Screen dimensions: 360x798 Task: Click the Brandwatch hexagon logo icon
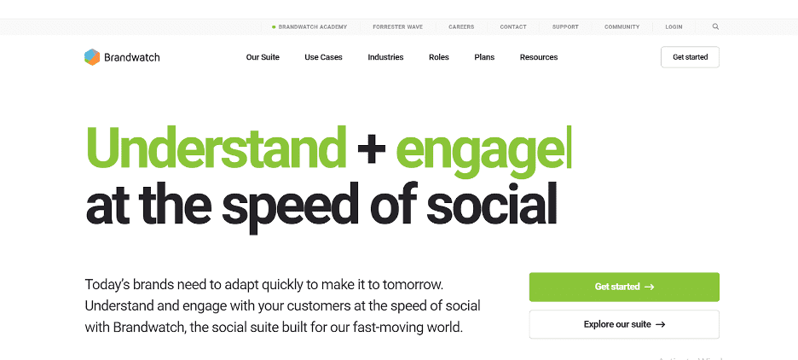click(92, 57)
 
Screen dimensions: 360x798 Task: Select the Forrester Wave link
click(397, 27)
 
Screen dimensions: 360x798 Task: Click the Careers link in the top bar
click(461, 27)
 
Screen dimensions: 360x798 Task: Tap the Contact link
click(513, 27)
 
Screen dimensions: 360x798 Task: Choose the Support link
click(565, 27)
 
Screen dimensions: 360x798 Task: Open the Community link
click(622, 27)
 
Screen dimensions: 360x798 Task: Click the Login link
click(674, 27)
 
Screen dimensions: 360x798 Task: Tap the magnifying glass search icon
click(715, 27)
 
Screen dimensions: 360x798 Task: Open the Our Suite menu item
click(263, 57)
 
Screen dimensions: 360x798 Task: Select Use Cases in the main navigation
click(323, 57)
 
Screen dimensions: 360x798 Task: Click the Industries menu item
click(385, 57)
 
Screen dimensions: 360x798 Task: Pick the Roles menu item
click(439, 57)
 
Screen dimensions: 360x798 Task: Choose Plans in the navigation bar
click(484, 57)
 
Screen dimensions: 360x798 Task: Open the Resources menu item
click(539, 57)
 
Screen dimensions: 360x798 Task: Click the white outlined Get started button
click(690, 57)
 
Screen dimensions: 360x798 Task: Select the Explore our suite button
click(624, 324)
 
